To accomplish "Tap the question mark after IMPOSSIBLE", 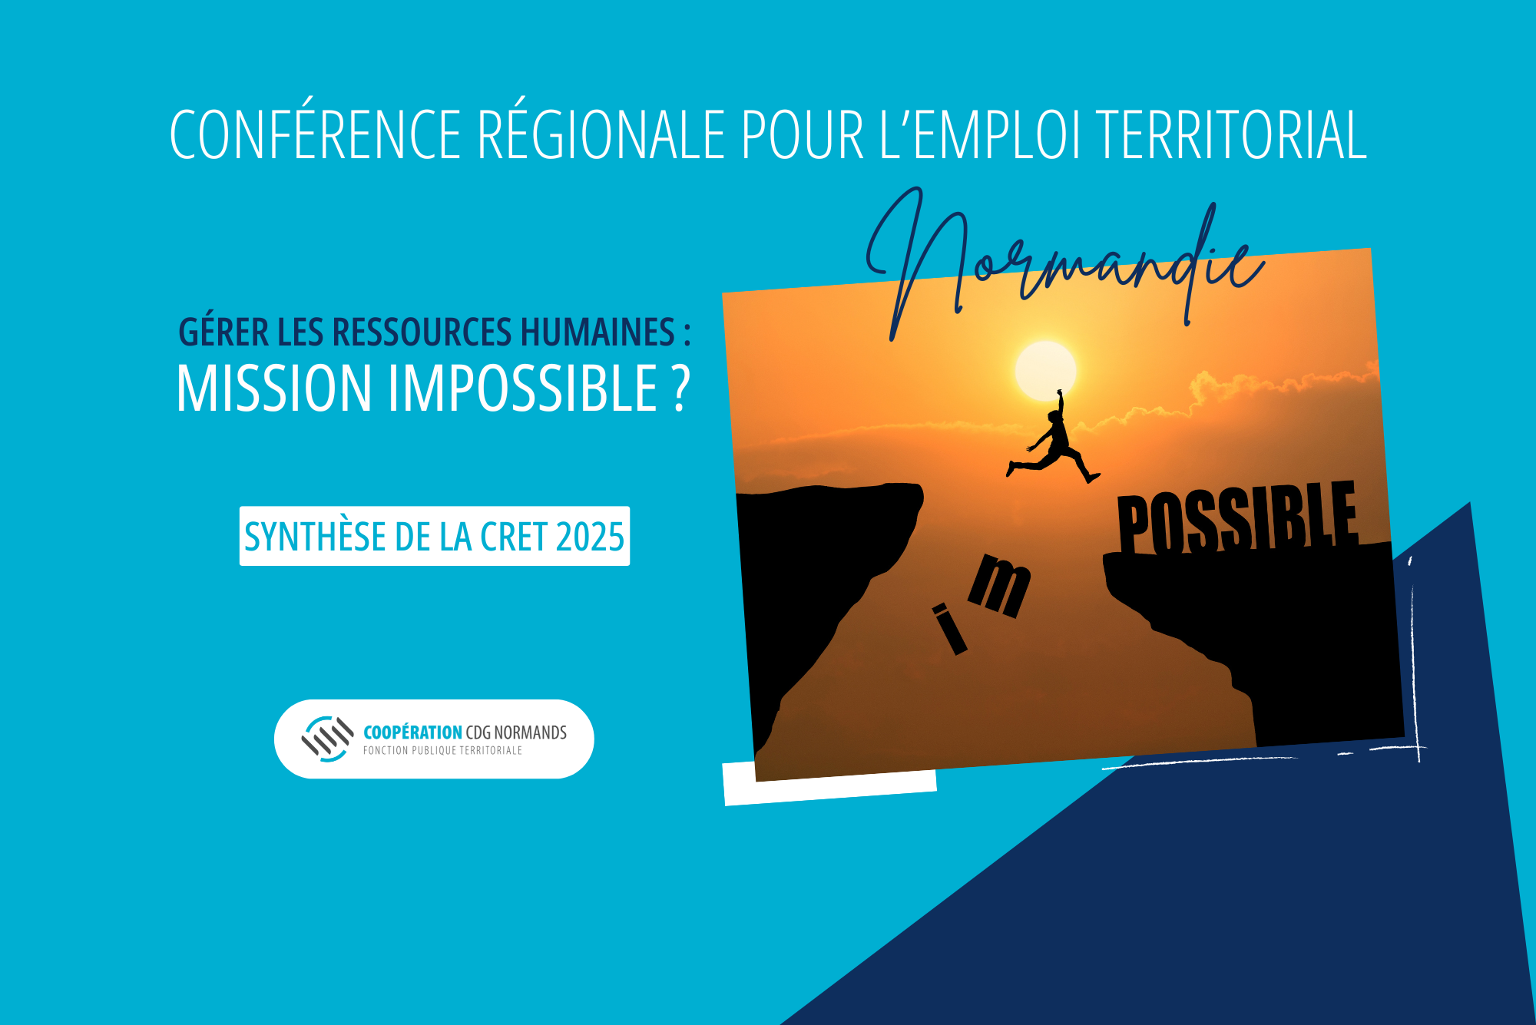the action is click(x=680, y=389).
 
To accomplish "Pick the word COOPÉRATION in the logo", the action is click(x=412, y=732).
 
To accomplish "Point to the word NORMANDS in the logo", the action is click(x=530, y=732).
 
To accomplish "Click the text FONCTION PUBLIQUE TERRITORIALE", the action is click(x=442, y=750).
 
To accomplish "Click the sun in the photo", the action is click(x=1045, y=371).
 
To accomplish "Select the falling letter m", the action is click(x=999, y=585).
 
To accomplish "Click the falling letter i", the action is click(x=949, y=629).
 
